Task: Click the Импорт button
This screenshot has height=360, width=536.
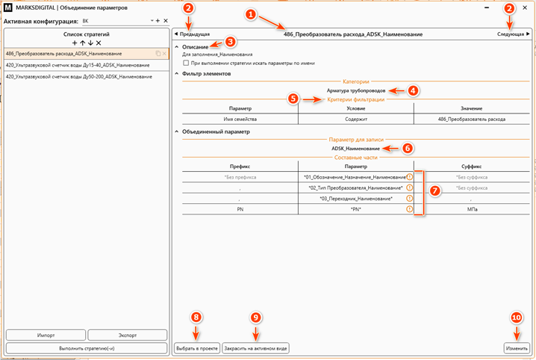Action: [x=46, y=335]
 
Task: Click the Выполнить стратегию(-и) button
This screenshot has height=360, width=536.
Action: [x=87, y=348]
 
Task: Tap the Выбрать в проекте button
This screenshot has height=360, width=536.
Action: [x=197, y=348]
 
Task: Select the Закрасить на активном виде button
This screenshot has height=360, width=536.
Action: [x=256, y=348]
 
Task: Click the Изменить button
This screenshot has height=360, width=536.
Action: [x=517, y=348]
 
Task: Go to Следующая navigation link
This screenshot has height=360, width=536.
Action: [x=513, y=34]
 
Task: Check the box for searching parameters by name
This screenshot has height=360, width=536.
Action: [x=186, y=63]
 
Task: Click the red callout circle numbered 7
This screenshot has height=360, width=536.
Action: [x=434, y=190]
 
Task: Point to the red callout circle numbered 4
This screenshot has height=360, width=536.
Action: [x=413, y=90]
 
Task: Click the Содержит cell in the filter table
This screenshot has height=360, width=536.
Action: [x=356, y=119]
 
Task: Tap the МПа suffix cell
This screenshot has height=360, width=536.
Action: [x=472, y=209]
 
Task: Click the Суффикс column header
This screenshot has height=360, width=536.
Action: [x=471, y=167]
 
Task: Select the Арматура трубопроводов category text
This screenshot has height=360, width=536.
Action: [x=356, y=90]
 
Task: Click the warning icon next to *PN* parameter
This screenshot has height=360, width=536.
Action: [x=409, y=209]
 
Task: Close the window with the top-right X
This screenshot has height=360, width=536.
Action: [x=525, y=7]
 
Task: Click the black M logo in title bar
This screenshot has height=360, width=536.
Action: [x=7, y=7]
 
